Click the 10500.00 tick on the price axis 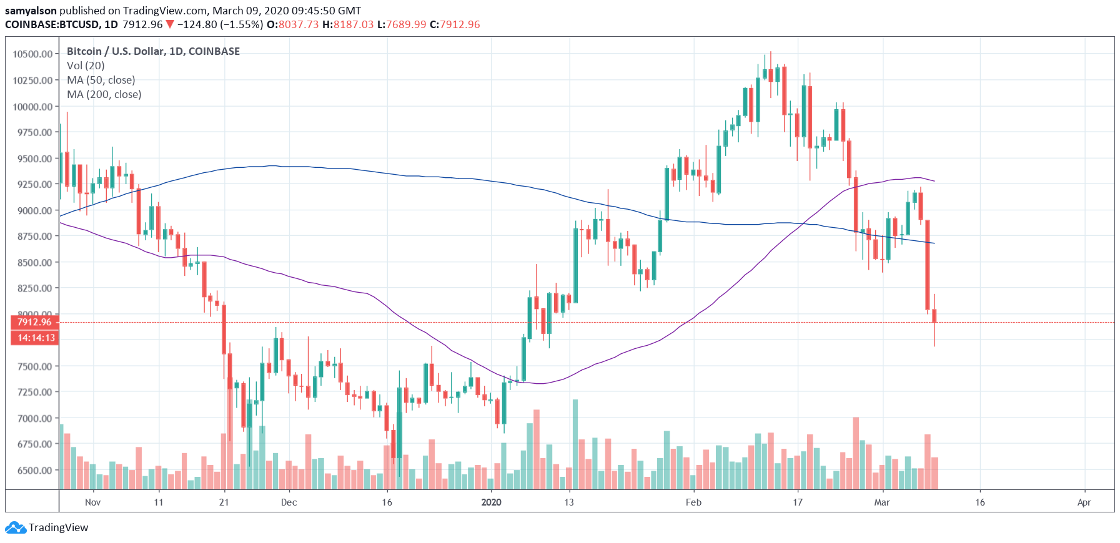point(32,54)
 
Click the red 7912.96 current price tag point(34,322)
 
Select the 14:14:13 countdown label point(36,338)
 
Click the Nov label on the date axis point(92,502)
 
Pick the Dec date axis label point(289,502)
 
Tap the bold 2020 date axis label point(491,502)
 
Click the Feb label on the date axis point(693,502)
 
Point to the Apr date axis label point(1084,502)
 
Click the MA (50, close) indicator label point(101,80)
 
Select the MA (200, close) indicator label point(104,94)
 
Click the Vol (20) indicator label point(86,66)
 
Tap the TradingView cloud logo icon point(15,528)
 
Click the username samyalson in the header point(31,11)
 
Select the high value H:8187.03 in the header point(348,24)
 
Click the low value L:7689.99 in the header point(402,24)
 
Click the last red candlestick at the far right point(934,316)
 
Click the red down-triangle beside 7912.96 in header point(170,24)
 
